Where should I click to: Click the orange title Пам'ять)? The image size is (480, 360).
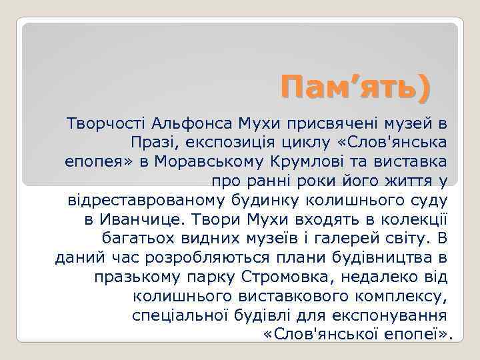[355, 87]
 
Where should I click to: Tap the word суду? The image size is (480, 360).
[427, 200]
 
